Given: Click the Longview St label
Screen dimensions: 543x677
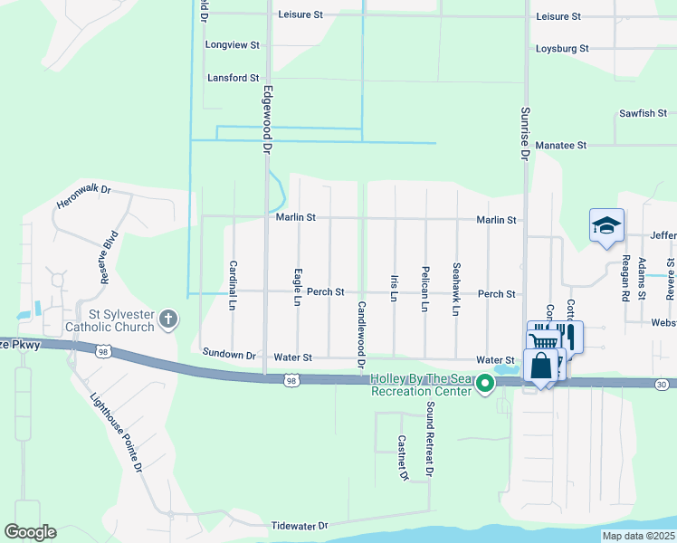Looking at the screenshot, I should (x=233, y=44).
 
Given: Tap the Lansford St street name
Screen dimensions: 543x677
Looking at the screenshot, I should (x=233, y=78).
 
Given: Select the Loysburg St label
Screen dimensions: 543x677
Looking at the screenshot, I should (x=562, y=48).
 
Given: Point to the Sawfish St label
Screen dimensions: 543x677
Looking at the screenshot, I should (x=643, y=113).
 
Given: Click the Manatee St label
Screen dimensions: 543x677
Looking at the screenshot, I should (x=562, y=145).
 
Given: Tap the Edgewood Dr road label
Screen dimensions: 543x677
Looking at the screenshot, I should (x=267, y=118).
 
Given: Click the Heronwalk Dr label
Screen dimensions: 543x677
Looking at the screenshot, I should (x=82, y=191).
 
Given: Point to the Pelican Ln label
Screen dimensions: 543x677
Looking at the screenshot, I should (x=424, y=290).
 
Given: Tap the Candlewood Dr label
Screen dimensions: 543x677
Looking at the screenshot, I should (x=361, y=335).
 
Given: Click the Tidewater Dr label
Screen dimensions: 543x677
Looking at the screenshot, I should (x=299, y=525).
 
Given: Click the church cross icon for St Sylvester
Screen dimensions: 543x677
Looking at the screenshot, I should (x=167, y=319).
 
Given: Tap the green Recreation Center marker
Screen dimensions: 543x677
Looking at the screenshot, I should (x=485, y=384).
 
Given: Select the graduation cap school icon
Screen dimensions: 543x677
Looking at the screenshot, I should (x=605, y=225).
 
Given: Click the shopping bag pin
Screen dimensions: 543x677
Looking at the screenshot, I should (x=541, y=367).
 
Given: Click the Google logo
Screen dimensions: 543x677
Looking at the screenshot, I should (x=30, y=532).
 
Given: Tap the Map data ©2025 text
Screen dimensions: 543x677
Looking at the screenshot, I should (x=638, y=536).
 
